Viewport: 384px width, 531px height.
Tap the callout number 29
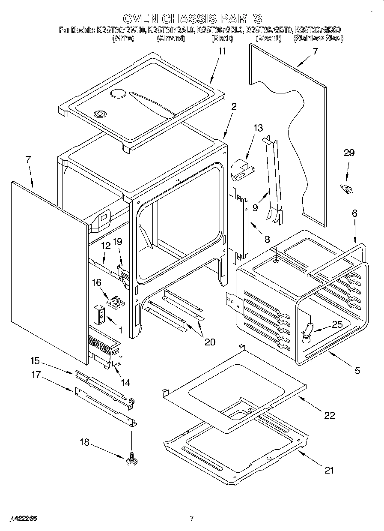click(x=349, y=153)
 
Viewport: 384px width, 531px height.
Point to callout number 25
click(x=337, y=324)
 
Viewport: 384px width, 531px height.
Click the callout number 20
click(x=210, y=342)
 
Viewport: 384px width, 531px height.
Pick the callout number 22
click(x=330, y=415)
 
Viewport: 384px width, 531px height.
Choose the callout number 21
click(x=329, y=470)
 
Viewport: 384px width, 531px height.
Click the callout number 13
click(x=258, y=128)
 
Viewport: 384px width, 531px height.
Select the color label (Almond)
click(x=170, y=39)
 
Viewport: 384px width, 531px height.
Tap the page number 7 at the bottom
click(x=192, y=519)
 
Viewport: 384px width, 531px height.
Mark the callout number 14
click(x=125, y=382)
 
